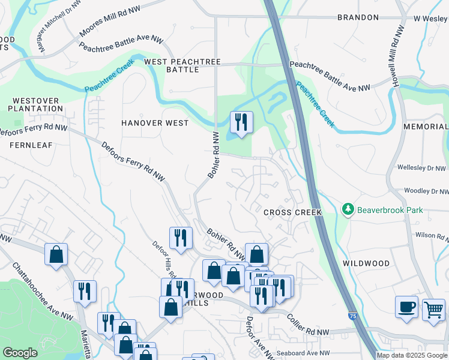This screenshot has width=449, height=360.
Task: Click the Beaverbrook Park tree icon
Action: coord(348,209)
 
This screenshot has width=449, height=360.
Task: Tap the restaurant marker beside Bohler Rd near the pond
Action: coord(241,122)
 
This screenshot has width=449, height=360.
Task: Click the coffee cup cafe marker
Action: coord(406,307)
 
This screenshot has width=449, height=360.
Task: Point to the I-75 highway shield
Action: coord(352,314)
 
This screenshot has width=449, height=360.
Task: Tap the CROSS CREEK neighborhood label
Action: coord(292,212)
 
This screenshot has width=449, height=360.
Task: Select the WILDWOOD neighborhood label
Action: coord(366,263)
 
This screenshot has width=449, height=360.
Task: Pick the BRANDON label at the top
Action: coord(358,18)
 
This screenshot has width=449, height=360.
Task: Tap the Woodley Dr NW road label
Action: coord(426,191)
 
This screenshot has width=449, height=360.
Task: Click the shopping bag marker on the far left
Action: coord(55,254)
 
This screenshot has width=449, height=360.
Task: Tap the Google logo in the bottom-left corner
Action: coord(20,353)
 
